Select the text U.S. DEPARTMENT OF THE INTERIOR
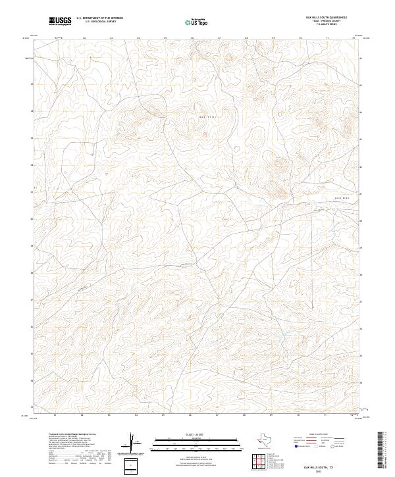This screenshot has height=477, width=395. (99, 18)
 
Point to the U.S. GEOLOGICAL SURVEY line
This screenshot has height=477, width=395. (99, 22)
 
